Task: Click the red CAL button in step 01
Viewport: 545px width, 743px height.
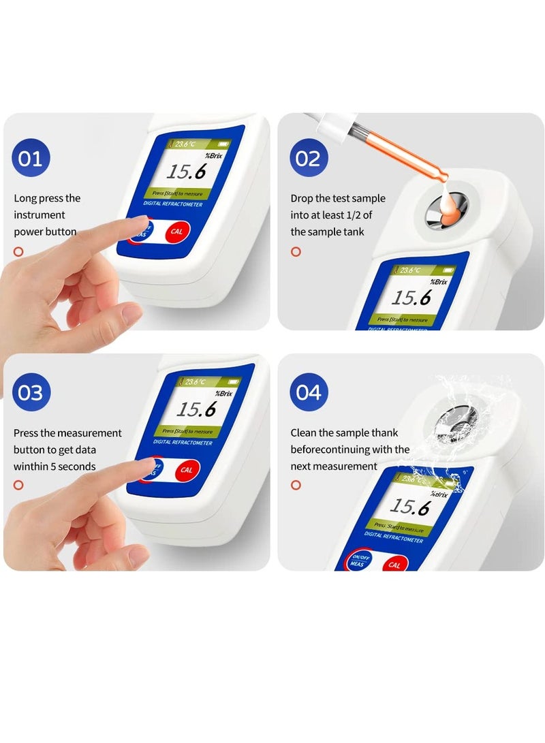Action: [177, 232]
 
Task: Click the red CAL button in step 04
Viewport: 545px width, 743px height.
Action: [394, 565]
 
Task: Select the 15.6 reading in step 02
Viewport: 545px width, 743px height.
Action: [411, 298]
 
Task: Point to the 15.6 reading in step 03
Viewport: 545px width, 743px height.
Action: [196, 409]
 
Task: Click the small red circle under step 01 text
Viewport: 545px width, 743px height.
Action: [18, 251]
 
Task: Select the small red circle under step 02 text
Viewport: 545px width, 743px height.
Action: [296, 251]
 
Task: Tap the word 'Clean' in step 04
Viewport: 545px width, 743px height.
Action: [304, 433]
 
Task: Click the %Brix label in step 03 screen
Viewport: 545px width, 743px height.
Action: [224, 394]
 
